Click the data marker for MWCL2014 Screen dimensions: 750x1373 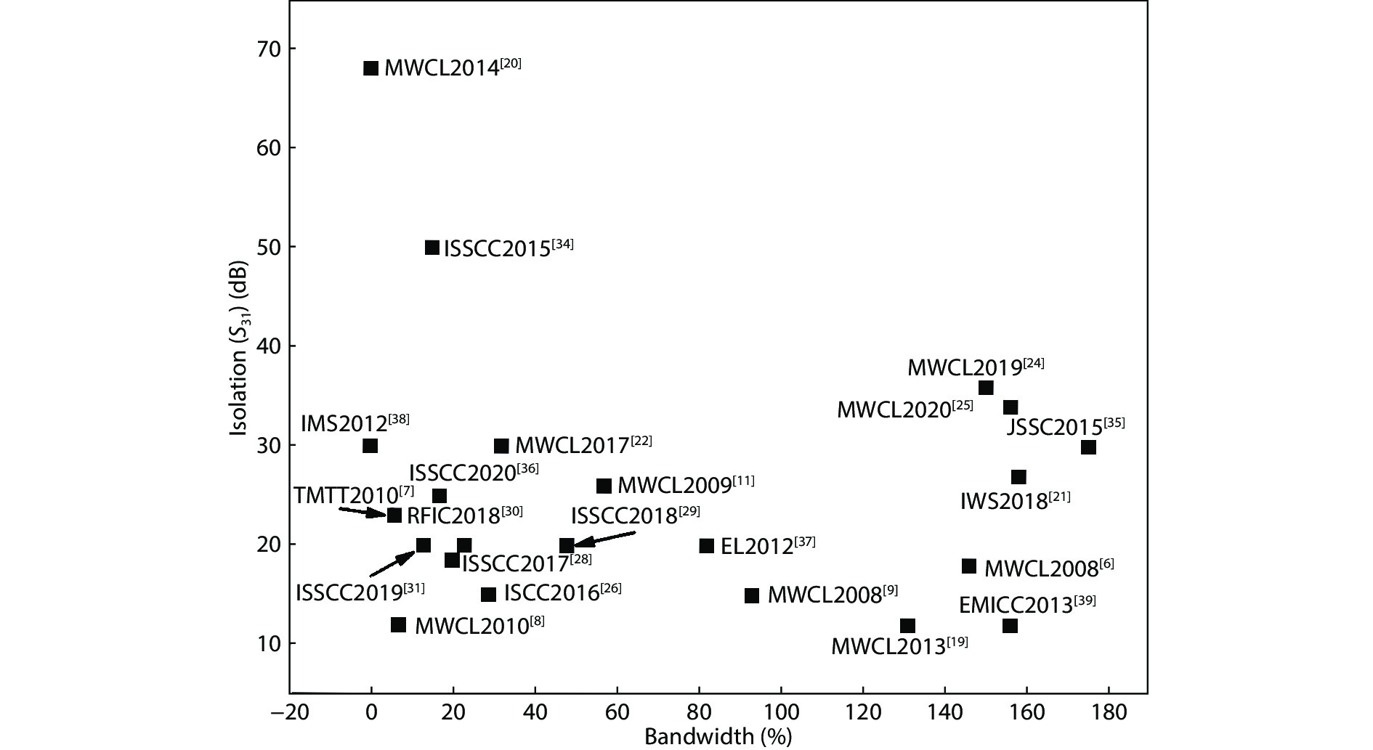click(370, 68)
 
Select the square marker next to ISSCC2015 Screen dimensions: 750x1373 click(432, 248)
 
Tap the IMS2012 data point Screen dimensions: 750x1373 click(370, 446)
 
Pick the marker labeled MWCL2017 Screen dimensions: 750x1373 click(501, 446)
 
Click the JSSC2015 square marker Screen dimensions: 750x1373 click(1088, 447)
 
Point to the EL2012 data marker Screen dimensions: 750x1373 click(706, 546)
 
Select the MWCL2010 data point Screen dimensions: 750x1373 click(398, 624)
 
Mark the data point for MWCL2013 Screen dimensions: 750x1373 click(907, 626)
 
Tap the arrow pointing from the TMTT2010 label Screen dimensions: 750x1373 click(363, 512)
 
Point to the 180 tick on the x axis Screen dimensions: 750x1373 click(1108, 712)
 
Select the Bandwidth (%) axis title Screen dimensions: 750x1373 click(718, 737)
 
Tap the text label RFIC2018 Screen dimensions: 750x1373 click(464, 515)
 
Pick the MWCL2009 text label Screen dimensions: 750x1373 click(686, 485)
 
